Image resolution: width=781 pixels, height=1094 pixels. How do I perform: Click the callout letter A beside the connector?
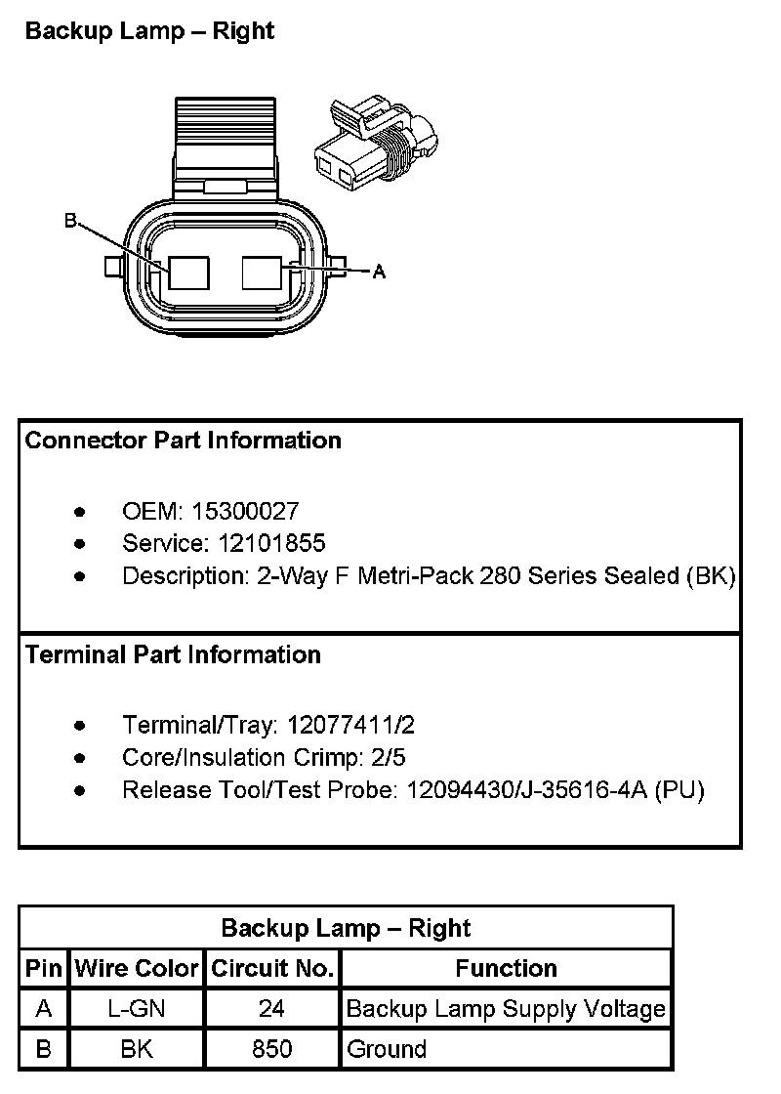[380, 273]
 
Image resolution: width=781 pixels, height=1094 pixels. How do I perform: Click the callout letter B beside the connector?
[70, 222]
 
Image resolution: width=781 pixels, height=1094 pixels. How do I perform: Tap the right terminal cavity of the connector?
[262, 272]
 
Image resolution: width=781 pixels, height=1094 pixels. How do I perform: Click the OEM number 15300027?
[245, 511]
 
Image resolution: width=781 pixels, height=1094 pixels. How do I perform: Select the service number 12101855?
[259, 543]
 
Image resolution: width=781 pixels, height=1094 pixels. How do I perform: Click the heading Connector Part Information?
[184, 441]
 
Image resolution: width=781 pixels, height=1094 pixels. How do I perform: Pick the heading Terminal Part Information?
[173, 654]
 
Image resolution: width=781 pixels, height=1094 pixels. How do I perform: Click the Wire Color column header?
[136, 969]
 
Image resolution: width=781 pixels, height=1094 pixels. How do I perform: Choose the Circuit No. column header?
[272, 969]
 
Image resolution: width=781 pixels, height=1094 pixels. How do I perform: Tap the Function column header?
[506, 969]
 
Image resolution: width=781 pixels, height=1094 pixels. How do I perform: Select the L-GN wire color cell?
[136, 1009]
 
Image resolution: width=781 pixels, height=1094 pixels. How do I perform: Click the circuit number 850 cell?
[272, 1050]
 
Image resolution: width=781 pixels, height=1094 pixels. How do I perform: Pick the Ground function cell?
[387, 1050]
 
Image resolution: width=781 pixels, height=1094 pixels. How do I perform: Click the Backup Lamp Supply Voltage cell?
[506, 1009]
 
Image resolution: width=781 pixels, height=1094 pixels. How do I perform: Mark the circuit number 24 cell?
[272, 1009]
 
